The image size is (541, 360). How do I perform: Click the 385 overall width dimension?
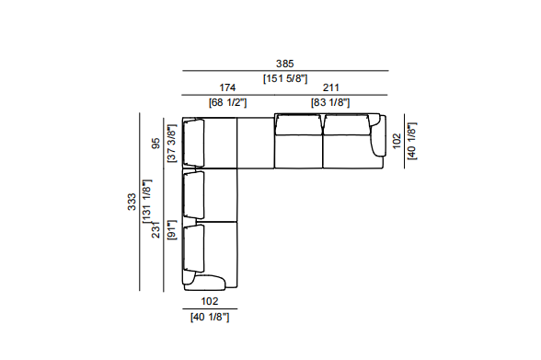tap(284, 64)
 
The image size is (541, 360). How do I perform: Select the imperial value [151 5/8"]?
tap(285, 78)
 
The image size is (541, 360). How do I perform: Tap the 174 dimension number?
tap(227, 87)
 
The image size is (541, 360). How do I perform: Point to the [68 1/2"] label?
tap(228, 102)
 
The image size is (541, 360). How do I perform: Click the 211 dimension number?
tap(331, 87)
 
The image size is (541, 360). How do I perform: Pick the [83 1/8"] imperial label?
tap(330, 102)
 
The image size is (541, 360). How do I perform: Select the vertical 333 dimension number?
tap(132, 202)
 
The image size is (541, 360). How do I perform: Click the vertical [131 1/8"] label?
tap(147, 201)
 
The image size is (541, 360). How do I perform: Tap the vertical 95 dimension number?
tap(156, 144)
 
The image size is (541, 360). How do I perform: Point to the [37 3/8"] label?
tap(171, 144)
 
